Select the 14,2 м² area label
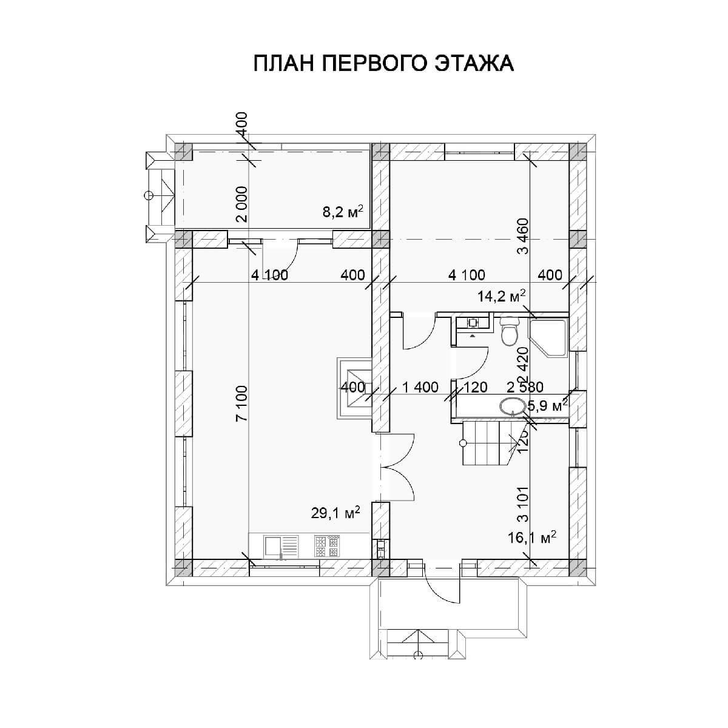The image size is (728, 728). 501,296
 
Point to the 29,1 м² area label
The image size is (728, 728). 335,513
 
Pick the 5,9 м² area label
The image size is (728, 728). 547,406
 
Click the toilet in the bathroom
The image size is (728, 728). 510,331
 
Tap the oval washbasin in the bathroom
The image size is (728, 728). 513,407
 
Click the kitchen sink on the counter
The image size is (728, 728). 281,546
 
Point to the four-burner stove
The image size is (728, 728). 327,546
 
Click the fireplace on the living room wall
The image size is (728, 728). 354,388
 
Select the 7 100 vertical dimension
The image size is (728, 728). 242,403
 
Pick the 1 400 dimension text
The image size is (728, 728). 420,387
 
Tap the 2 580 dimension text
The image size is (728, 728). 525,387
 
